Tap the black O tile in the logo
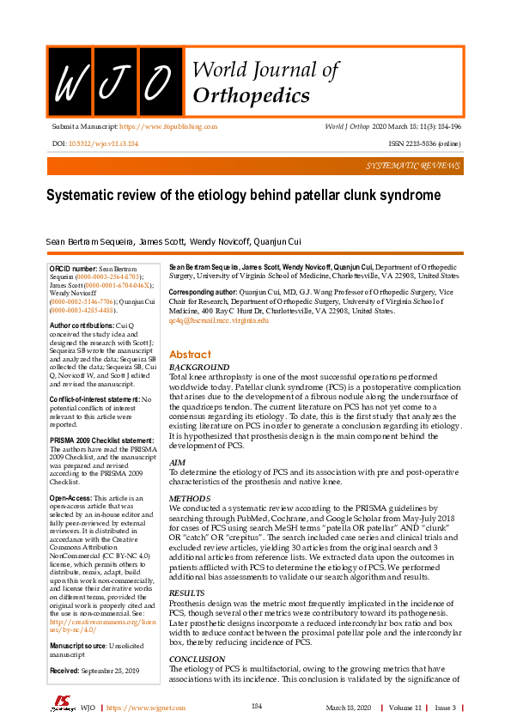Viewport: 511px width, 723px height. [159, 81]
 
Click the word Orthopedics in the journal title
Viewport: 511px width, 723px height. [252, 95]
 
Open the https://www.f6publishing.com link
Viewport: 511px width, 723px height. [167, 126]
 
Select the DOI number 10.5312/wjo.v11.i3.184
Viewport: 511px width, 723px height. [103, 143]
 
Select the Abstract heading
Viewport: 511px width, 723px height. [190, 355]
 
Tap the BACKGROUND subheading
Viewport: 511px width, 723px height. [200, 368]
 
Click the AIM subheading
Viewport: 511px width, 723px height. [178, 462]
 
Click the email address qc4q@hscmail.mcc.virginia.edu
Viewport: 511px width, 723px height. [219, 320]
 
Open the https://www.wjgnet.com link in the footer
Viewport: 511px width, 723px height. [142, 708]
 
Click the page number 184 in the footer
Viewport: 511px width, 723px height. [256, 706]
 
